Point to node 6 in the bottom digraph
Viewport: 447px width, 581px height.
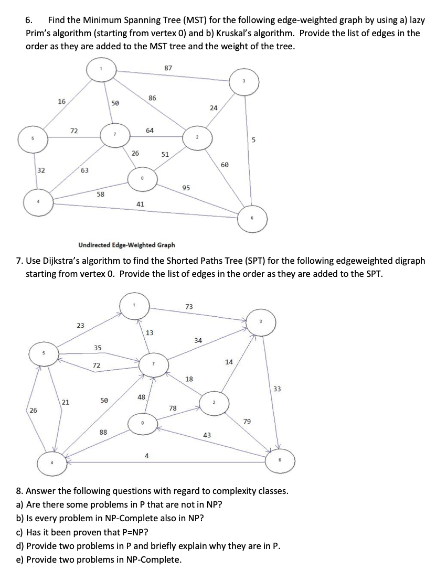point(280,460)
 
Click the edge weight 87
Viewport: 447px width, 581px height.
point(168,68)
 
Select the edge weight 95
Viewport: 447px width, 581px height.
point(186,188)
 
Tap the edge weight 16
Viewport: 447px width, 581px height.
point(61,101)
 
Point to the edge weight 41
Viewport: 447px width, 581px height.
point(140,203)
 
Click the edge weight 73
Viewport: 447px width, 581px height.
point(189,306)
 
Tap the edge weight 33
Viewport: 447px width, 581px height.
point(277,389)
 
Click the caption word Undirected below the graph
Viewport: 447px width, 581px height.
point(95,244)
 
